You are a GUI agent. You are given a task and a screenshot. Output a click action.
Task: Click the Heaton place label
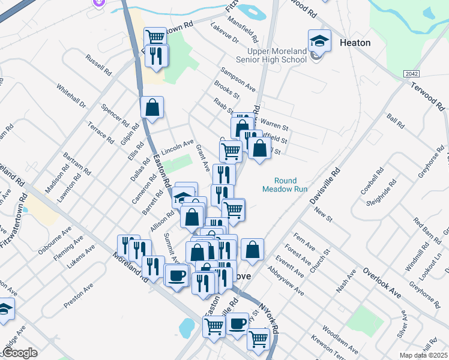click(x=355, y=43)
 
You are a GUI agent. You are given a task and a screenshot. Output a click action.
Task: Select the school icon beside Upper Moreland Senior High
click(x=319, y=41)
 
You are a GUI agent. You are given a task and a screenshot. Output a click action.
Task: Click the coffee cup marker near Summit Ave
click(x=176, y=275)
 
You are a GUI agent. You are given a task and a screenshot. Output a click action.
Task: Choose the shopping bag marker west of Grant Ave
click(x=152, y=107)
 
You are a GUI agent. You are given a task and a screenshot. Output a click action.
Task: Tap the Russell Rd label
click(x=99, y=65)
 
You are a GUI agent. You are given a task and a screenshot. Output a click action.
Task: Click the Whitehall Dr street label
click(x=71, y=95)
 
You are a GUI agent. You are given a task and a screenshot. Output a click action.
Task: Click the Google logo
click(x=19, y=352)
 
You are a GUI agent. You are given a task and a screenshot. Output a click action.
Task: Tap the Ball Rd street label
click(x=396, y=121)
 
